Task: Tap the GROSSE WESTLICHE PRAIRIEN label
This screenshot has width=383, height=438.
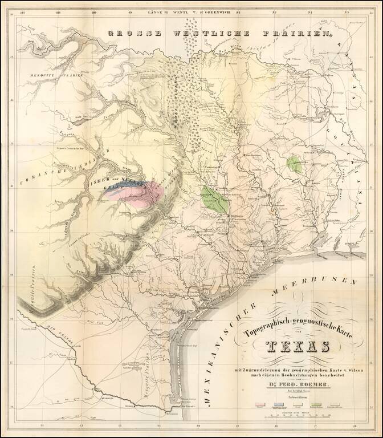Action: pyautogui.click(x=217, y=34)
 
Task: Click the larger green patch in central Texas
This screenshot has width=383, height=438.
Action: pyautogui.click(x=214, y=200)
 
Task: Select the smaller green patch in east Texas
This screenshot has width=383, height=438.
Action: pyautogui.click(x=295, y=165)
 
